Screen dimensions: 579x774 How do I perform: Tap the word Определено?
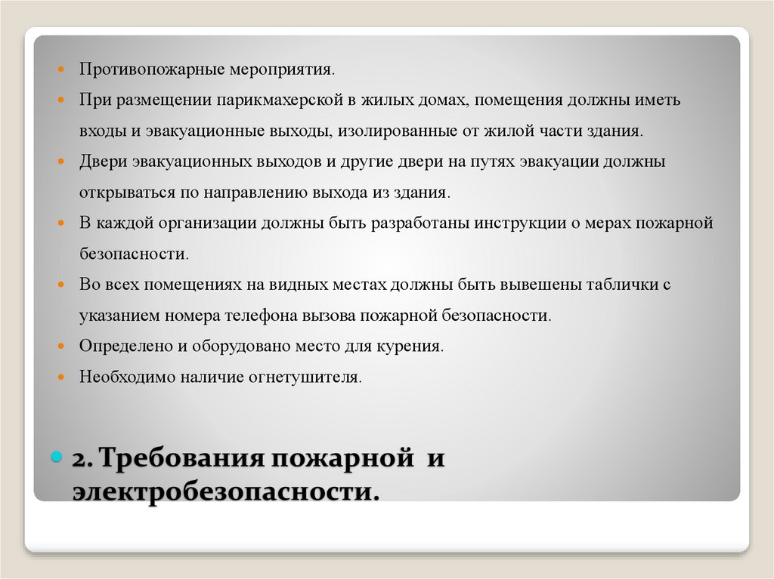pyautogui.click(x=125, y=346)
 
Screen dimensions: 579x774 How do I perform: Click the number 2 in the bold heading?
pyautogui.click(x=80, y=460)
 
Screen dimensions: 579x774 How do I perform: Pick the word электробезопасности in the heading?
pyautogui.click(x=224, y=491)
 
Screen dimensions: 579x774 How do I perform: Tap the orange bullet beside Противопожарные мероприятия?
pyautogui.click(x=63, y=70)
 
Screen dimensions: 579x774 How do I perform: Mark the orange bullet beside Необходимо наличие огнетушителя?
pyautogui.click(x=63, y=377)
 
